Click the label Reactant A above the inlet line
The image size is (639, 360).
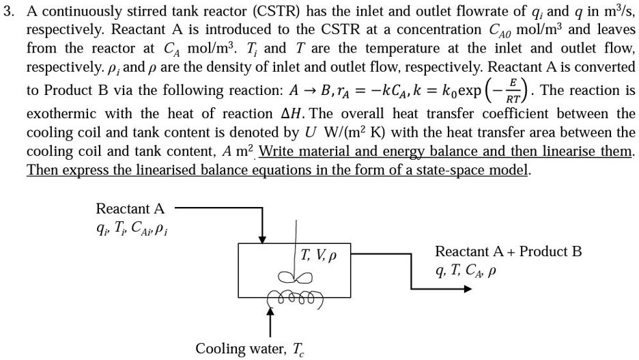(130, 208)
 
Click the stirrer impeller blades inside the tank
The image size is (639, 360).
(296, 277)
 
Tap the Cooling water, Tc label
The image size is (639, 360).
(250, 349)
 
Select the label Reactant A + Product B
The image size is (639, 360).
(508, 251)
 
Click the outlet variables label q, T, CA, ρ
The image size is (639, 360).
(465, 271)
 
